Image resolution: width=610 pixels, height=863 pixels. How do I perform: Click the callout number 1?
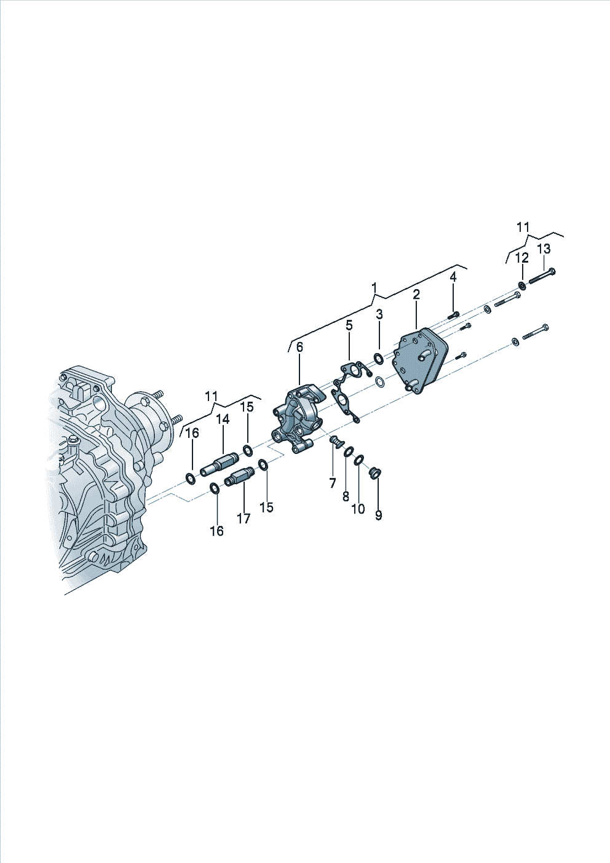pyautogui.click(x=374, y=288)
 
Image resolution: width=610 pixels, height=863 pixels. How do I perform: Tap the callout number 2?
pyautogui.click(x=416, y=295)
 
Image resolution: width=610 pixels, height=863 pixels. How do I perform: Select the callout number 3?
pyautogui.click(x=379, y=314)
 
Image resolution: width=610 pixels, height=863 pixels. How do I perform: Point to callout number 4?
pyautogui.click(x=453, y=277)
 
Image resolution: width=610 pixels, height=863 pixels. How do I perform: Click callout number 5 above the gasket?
pyautogui.click(x=349, y=325)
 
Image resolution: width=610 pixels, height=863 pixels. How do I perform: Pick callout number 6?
pyautogui.click(x=299, y=347)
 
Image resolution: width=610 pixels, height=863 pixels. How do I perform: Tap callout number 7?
pyautogui.click(x=333, y=483)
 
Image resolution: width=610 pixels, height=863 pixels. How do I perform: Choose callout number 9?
pyautogui.click(x=379, y=515)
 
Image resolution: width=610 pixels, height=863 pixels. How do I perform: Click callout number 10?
pyautogui.click(x=358, y=509)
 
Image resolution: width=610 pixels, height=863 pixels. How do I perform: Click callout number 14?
pyautogui.click(x=223, y=419)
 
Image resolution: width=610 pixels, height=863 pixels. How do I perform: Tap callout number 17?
pyautogui.click(x=244, y=519)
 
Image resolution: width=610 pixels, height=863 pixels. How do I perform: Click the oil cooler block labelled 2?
pyautogui.click(x=420, y=361)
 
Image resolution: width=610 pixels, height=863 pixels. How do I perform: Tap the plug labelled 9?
pyautogui.click(x=374, y=472)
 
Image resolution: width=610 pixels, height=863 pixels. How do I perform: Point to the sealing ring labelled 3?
pyautogui.click(x=379, y=359)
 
